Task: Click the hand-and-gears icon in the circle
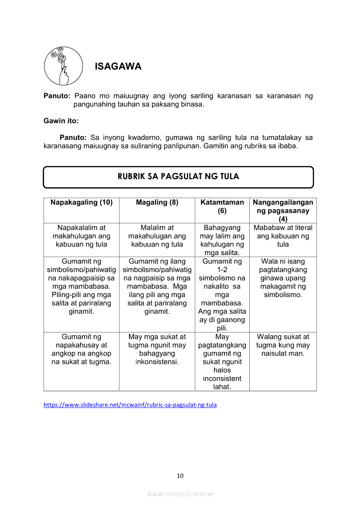63,66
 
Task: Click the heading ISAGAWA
118,67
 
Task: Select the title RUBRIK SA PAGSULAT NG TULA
178,176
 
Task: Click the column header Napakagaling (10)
82,202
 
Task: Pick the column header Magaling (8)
157,202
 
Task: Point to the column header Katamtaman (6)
222,206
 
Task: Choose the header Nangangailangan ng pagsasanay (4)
283,211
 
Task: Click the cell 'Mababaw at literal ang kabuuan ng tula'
283,236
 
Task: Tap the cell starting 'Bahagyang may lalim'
222,240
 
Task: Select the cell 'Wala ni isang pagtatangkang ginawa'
283,278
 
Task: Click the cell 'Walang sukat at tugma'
283,345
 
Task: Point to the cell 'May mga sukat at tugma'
157,349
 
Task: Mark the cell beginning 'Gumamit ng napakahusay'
82,349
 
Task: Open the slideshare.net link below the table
130,405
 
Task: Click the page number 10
180,475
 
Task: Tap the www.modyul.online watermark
180,494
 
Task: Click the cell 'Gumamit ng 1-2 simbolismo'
222,294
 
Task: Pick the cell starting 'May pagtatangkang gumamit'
222,361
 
